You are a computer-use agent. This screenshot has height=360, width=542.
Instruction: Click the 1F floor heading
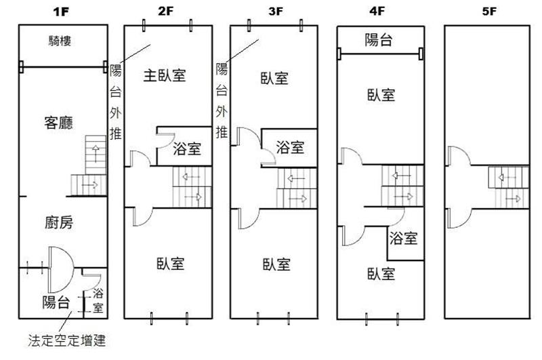point(61,12)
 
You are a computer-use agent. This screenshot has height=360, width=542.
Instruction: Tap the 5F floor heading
point(489,12)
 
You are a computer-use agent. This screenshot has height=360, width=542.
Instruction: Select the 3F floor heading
point(276,11)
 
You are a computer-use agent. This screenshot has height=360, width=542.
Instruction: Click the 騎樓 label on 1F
point(60,41)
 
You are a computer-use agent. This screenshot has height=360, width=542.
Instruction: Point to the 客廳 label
point(59,123)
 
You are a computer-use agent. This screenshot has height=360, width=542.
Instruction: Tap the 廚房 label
point(59,222)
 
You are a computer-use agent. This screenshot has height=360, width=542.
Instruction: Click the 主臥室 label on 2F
point(165,75)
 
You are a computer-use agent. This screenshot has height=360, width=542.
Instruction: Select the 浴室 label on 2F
point(187,149)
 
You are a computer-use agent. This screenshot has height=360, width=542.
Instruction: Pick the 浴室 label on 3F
point(290,147)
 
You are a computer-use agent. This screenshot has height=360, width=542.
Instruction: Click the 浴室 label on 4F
point(403,238)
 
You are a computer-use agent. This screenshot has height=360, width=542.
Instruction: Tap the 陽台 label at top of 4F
point(379,40)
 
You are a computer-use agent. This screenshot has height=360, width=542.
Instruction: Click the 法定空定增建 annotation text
point(66,340)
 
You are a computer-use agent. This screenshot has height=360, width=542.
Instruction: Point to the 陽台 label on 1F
point(56,302)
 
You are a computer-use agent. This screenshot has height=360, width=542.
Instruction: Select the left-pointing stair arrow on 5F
point(505,178)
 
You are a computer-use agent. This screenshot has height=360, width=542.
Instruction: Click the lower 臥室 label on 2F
point(171,264)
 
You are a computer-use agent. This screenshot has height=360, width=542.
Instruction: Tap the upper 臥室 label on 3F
point(274,78)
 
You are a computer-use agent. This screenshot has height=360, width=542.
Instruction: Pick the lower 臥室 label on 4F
point(381,274)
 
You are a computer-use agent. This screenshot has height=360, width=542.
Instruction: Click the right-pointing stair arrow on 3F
point(297,199)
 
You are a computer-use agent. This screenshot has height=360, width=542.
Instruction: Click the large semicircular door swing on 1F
point(73,269)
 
